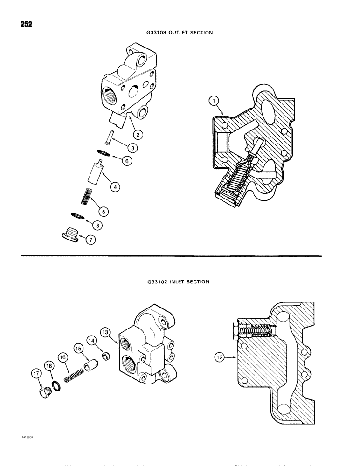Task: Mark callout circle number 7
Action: [97, 224]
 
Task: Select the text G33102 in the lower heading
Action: [158, 281]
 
